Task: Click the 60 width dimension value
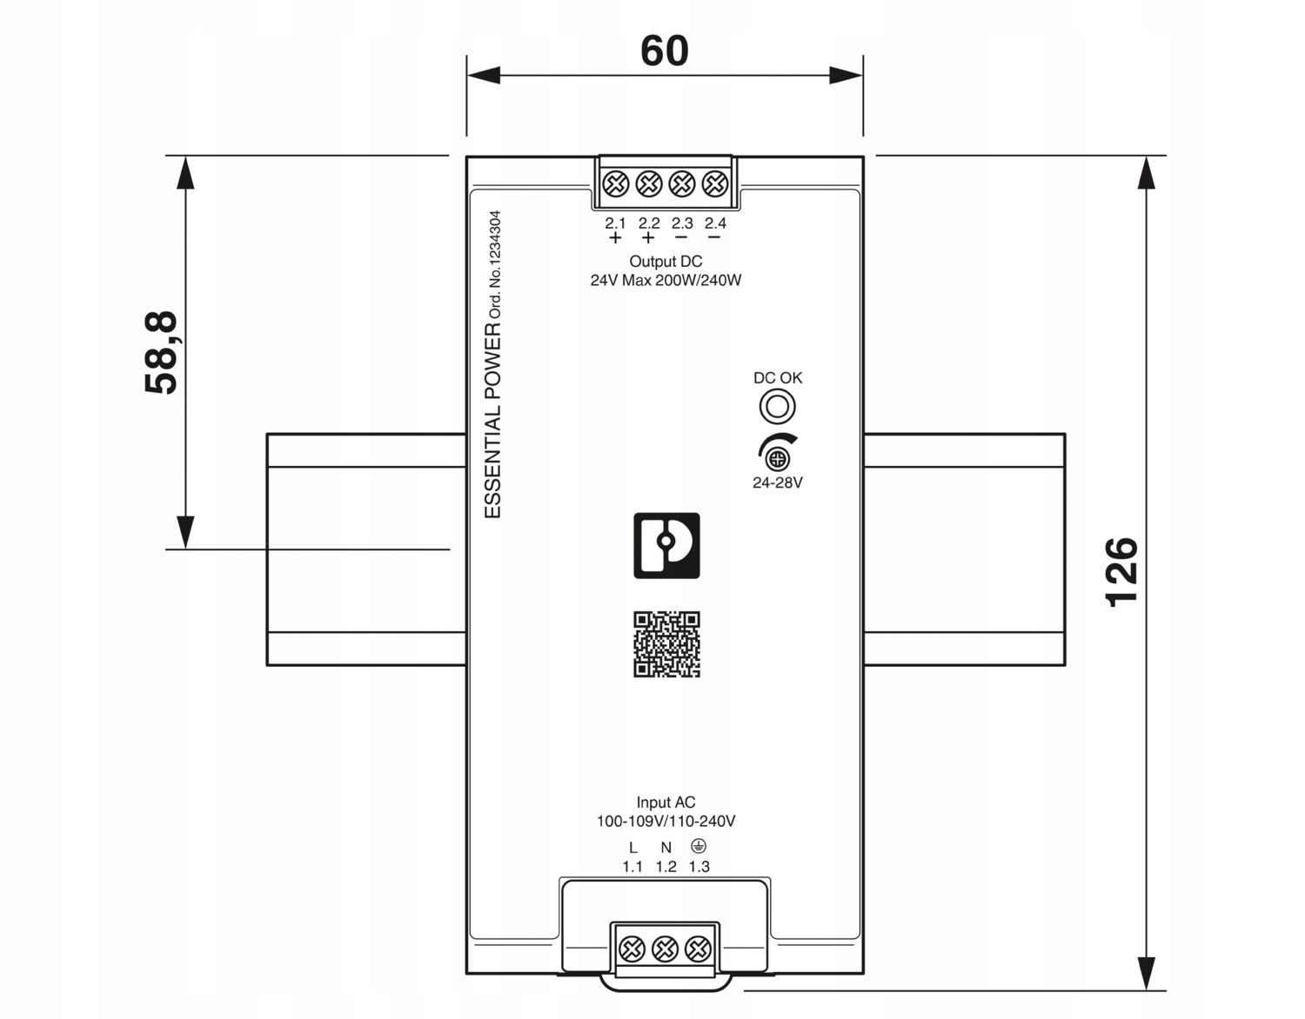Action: point(664,50)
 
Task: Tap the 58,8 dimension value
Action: point(161,353)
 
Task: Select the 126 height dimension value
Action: point(1121,572)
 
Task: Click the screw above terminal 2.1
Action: point(616,183)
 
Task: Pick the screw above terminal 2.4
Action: point(715,183)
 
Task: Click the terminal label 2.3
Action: point(682,223)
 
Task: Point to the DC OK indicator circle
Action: point(778,407)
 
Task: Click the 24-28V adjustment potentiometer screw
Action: point(779,460)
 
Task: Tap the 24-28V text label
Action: point(778,483)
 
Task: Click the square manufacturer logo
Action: point(666,545)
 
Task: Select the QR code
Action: point(666,644)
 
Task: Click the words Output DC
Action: point(666,262)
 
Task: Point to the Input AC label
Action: point(666,803)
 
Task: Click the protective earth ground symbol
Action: point(699,846)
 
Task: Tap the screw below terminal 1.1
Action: point(632,949)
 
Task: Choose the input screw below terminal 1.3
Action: point(698,949)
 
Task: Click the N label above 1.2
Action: point(666,848)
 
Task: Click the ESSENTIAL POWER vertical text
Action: point(492,420)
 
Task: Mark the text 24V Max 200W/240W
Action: point(666,280)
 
